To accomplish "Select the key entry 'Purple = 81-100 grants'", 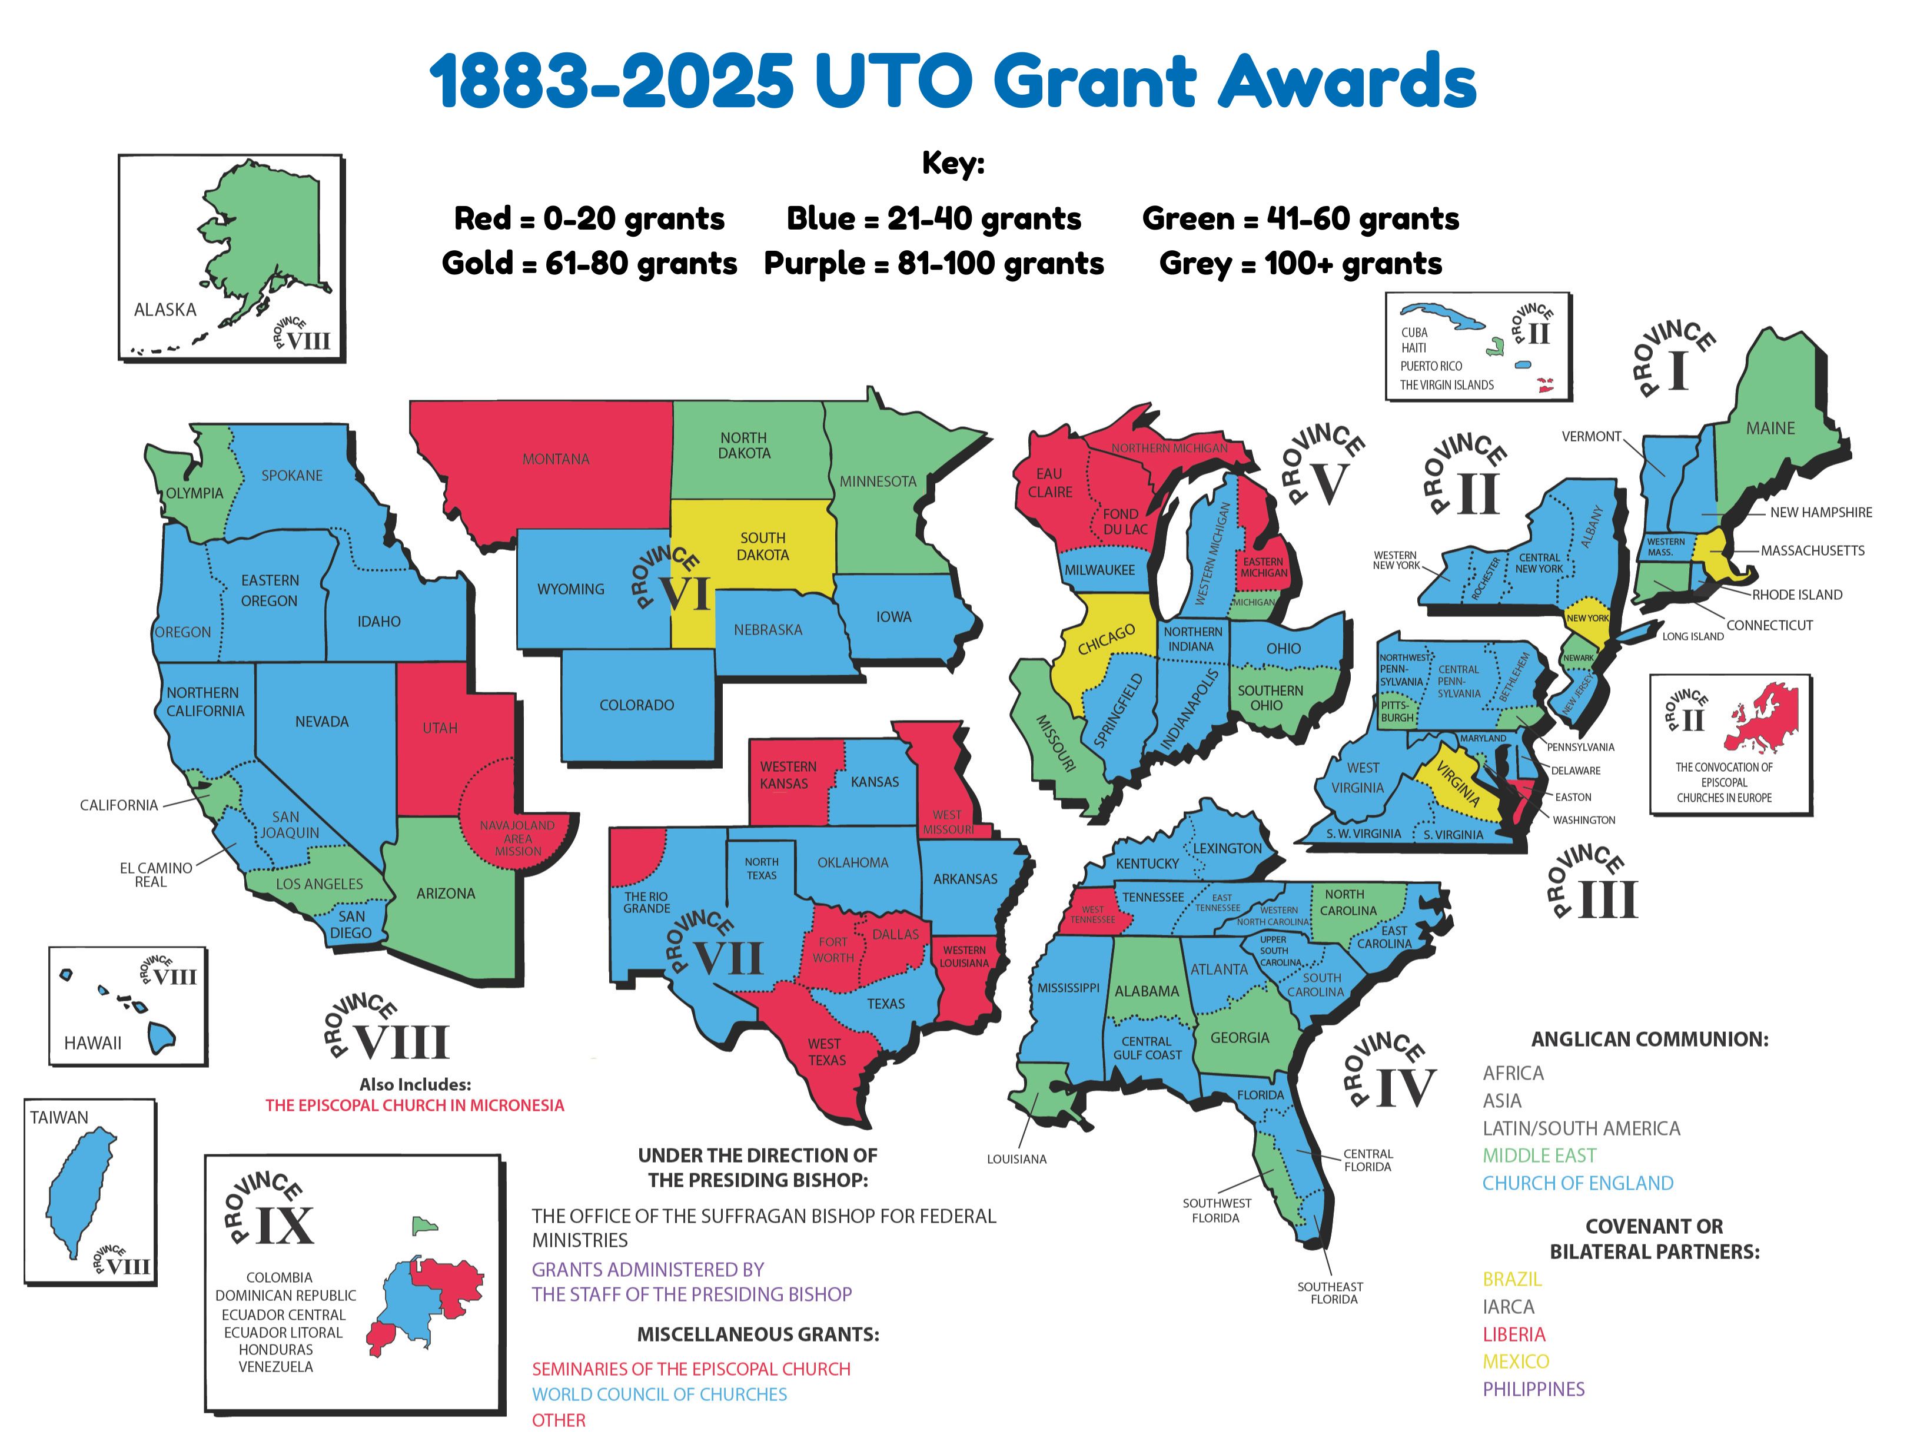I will coord(933,263).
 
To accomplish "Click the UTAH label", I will coord(440,728).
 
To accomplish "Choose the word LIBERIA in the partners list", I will coord(1513,1334).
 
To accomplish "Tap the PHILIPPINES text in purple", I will coord(1533,1389).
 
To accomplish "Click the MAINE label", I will coord(1770,428).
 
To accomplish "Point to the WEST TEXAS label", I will coord(826,1052).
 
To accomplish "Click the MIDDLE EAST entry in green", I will coord(1539,1156).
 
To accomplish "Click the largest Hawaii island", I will coord(160,1037).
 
